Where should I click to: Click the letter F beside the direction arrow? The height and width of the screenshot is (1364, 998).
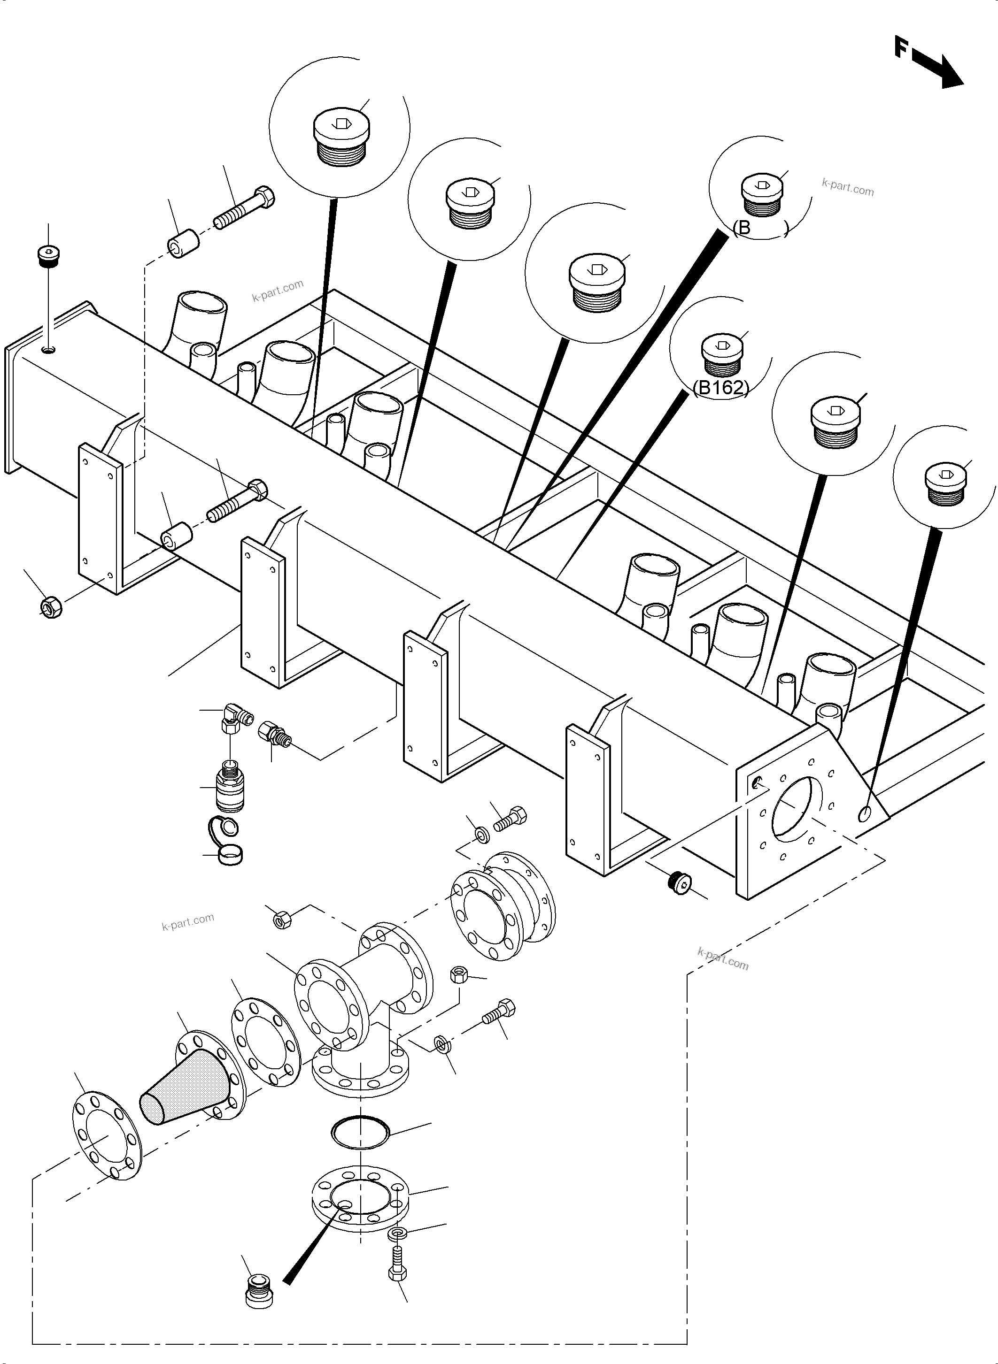point(902,46)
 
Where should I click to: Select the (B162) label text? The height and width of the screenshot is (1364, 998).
point(721,388)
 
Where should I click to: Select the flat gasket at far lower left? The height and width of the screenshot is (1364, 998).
point(107,1135)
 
